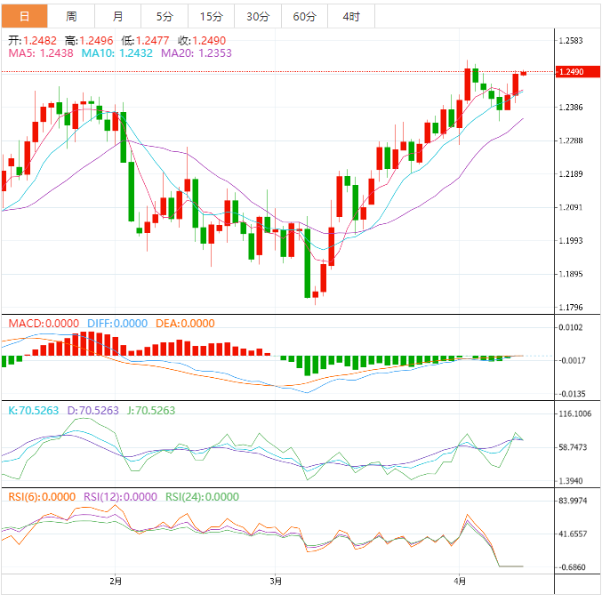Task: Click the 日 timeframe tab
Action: click(24, 16)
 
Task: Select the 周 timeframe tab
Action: click(71, 16)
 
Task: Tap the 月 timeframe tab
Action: click(118, 16)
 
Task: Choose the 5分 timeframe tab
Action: click(165, 16)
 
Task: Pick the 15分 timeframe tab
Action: click(212, 16)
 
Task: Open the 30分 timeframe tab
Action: click(258, 16)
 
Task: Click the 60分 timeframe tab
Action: click(304, 16)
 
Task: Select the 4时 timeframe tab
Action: click(351, 16)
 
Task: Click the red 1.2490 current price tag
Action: click(569, 72)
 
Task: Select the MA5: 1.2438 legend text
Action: click(42, 53)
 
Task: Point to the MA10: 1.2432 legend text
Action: click(117, 53)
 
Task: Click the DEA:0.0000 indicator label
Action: click(185, 323)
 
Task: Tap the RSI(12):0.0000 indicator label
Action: click(117, 497)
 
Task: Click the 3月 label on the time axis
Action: click(276, 582)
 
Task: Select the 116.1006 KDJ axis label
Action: click(574, 414)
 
